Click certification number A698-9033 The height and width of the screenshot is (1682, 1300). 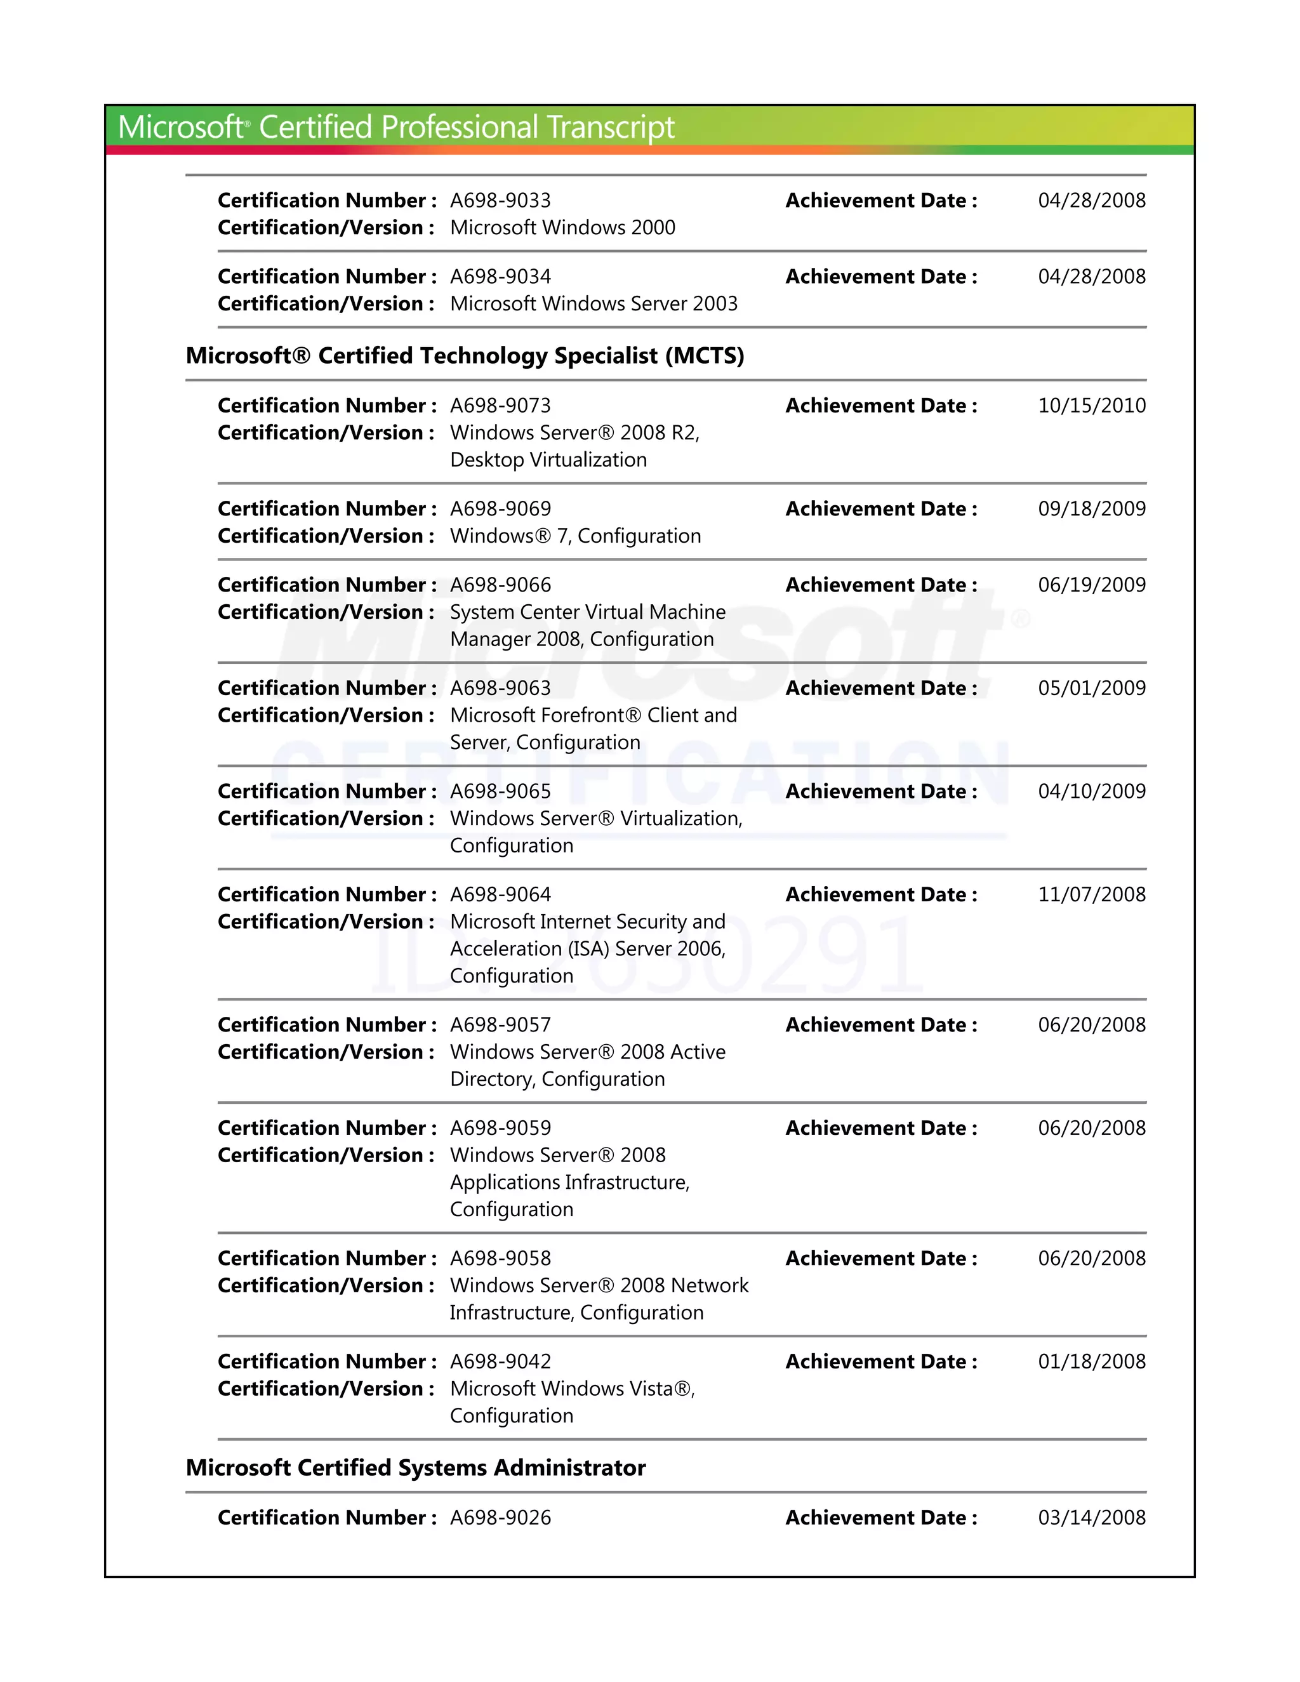(501, 200)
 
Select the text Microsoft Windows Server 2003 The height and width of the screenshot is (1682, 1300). (594, 303)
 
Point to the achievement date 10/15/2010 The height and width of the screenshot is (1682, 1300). (1091, 406)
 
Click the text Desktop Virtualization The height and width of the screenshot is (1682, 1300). (548, 460)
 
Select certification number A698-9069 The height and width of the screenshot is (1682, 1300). (501, 509)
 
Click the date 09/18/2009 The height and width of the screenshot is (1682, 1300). (1091, 509)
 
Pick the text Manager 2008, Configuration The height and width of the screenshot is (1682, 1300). (581, 639)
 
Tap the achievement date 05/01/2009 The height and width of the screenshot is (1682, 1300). (1091, 689)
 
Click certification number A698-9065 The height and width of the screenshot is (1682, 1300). (501, 791)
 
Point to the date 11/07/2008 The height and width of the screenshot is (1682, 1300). (1091, 895)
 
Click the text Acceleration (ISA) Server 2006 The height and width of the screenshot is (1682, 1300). (587, 949)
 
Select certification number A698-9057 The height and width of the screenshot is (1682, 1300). (501, 1025)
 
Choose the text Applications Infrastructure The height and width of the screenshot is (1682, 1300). (569, 1182)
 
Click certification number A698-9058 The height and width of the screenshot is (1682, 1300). (501, 1259)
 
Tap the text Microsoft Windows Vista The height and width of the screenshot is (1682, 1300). (571, 1389)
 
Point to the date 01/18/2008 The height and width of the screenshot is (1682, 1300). (1091, 1361)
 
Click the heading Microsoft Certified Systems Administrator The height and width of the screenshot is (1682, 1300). (416, 1468)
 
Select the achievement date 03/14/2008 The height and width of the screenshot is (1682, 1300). (1091, 1518)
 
